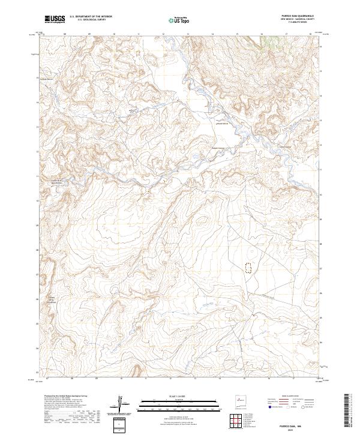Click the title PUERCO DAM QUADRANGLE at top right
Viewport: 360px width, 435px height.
coord(298,16)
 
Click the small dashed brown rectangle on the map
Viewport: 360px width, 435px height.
coord(247,267)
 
